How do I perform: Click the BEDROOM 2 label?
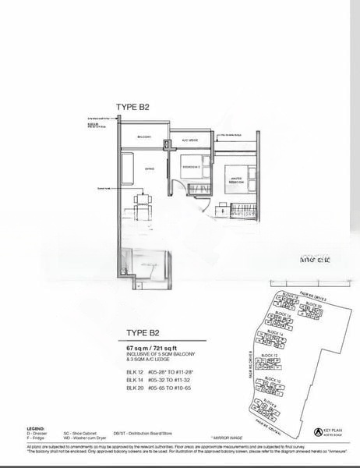point(192,167)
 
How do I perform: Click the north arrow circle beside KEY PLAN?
point(317,431)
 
